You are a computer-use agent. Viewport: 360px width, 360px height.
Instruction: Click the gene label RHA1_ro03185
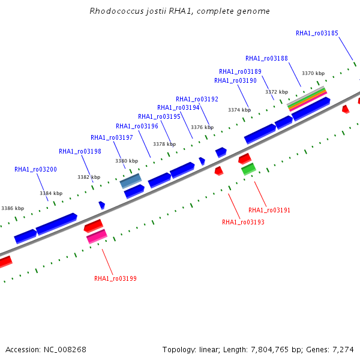pyautogui.click(x=317, y=33)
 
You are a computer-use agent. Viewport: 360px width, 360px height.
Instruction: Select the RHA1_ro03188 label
pyautogui.click(x=266, y=59)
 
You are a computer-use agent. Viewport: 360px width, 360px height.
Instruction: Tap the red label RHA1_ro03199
pyautogui.click(x=115, y=278)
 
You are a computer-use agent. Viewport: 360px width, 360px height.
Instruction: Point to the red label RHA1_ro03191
pyautogui.click(x=269, y=210)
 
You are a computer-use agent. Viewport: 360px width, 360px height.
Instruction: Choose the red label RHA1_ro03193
pyautogui.click(x=243, y=222)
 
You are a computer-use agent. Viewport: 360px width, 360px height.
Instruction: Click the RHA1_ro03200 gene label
pyautogui.click(x=35, y=169)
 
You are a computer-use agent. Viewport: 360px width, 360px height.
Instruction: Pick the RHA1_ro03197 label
pyautogui.click(x=112, y=137)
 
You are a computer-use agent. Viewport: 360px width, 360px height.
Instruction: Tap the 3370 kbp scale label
pyautogui.click(x=313, y=73)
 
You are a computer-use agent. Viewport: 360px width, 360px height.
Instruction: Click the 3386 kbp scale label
pyautogui.click(x=13, y=208)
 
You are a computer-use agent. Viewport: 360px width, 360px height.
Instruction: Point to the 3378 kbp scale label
pyautogui.click(x=164, y=144)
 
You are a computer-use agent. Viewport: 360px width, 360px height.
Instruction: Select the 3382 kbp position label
pyautogui.click(x=89, y=177)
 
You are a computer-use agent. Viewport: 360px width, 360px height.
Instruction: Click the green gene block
pyautogui.click(x=248, y=169)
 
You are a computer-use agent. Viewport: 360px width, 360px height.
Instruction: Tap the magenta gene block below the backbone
pyautogui.click(x=97, y=236)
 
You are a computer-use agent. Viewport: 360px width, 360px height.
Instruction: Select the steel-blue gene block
pyautogui.click(x=131, y=181)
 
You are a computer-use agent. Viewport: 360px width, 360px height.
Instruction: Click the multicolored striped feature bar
pyautogui.click(x=307, y=99)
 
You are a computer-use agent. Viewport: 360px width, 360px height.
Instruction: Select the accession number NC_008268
pyautogui.click(x=65, y=350)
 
